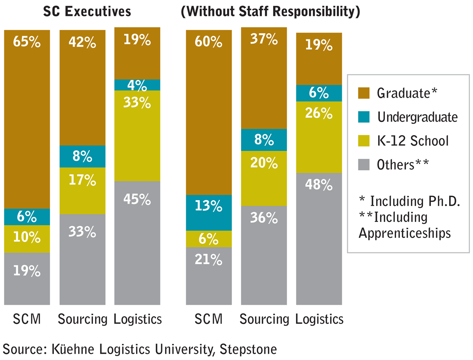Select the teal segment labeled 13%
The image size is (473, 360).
[x=209, y=213]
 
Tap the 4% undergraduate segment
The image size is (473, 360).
[x=137, y=85]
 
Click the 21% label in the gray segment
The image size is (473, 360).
[x=208, y=260]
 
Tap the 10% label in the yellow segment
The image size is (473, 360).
[x=27, y=237]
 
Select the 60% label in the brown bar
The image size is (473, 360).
[x=208, y=42]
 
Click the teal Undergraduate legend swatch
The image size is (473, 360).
[x=364, y=117]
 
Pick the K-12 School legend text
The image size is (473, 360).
[x=413, y=141]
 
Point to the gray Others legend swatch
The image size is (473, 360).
[x=364, y=165]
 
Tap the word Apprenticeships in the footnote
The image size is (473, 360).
[x=405, y=233]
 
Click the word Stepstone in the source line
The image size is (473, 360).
[x=248, y=350]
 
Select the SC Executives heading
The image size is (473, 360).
[x=87, y=12]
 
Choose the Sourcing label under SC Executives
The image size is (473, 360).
[x=83, y=319]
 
